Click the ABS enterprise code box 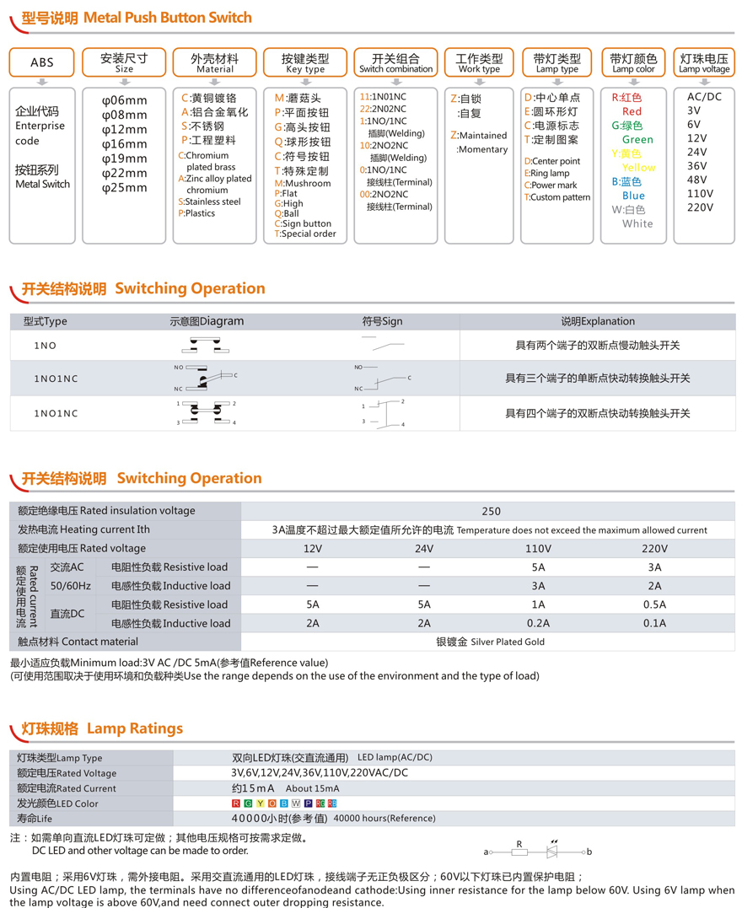(41, 62)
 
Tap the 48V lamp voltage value (696, 180)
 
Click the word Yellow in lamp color (638, 168)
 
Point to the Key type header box (306, 62)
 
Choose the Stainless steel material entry (212, 202)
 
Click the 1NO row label (46, 346)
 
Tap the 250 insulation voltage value (491, 511)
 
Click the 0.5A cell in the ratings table (654, 604)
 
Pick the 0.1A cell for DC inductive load (654, 624)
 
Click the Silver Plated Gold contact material (490, 642)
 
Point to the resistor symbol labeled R (520, 852)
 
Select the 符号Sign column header (382, 321)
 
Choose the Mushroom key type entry (307, 184)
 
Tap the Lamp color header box (634, 62)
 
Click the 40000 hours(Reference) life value (384, 819)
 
